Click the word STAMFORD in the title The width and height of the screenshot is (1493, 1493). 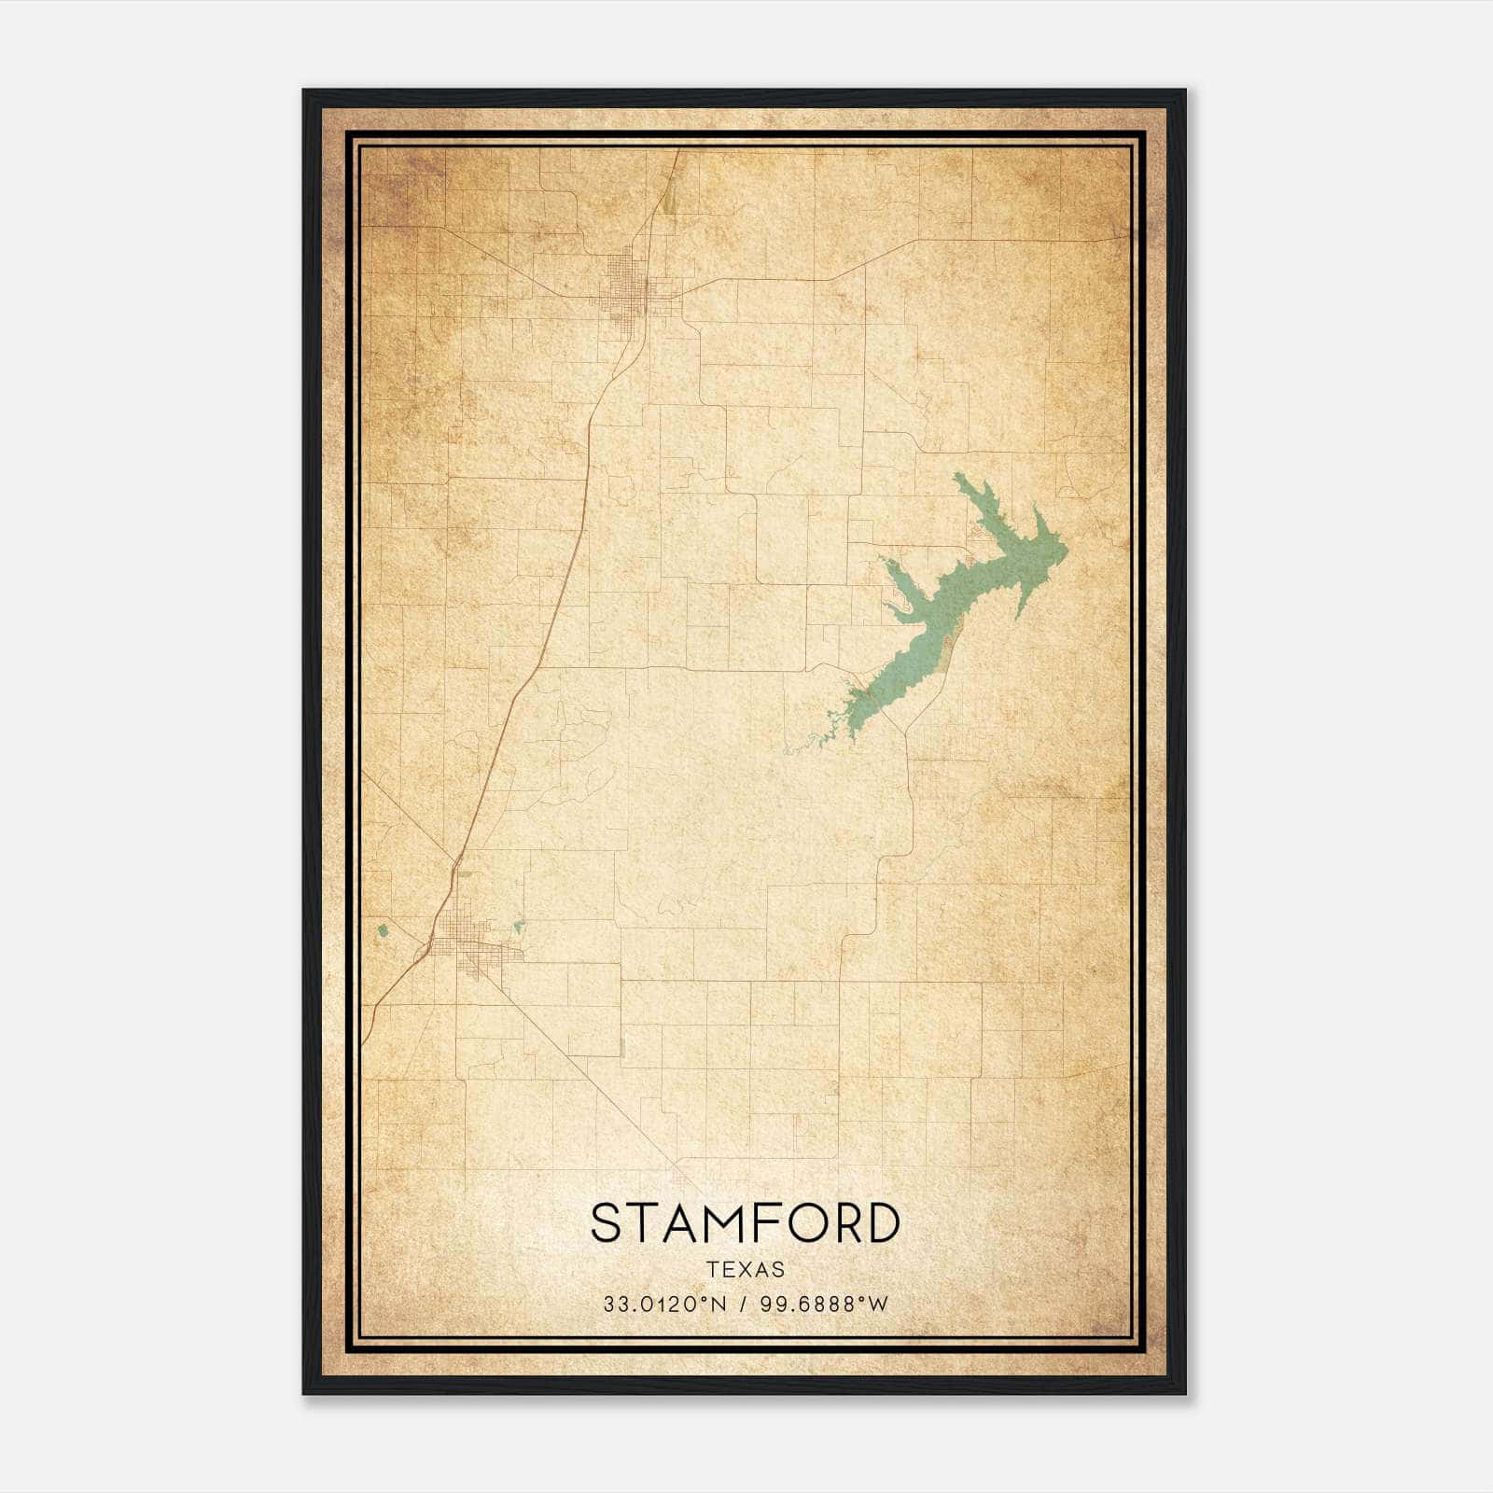tap(745, 1223)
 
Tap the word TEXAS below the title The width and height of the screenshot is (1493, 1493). tap(746, 1269)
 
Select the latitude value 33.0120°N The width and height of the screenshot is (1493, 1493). tap(663, 1305)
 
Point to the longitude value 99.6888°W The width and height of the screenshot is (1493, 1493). tap(824, 1305)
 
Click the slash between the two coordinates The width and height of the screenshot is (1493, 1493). tap(743, 1305)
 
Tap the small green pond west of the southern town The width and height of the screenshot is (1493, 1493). tap(382, 930)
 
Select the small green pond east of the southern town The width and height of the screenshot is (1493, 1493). tap(519, 927)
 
